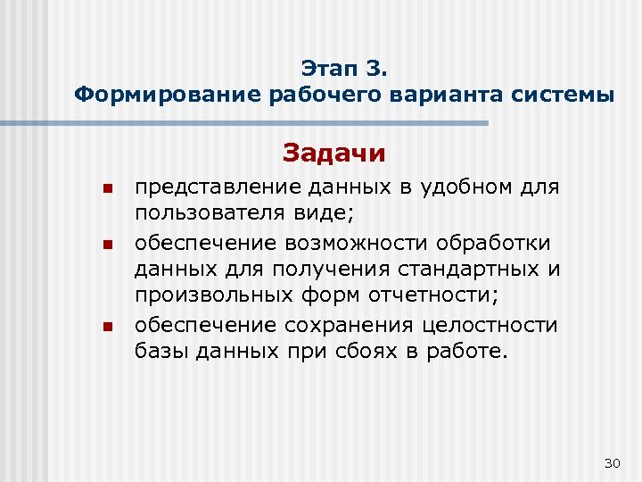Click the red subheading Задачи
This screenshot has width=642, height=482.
coord(334,154)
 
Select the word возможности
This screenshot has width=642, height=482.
coord(333,243)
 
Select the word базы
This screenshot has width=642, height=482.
coord(163,352)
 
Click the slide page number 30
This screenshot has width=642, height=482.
coord(612,462)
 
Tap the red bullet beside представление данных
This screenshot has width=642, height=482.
coord(104,189)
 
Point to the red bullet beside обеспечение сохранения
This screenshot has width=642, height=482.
coord(104,327)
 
